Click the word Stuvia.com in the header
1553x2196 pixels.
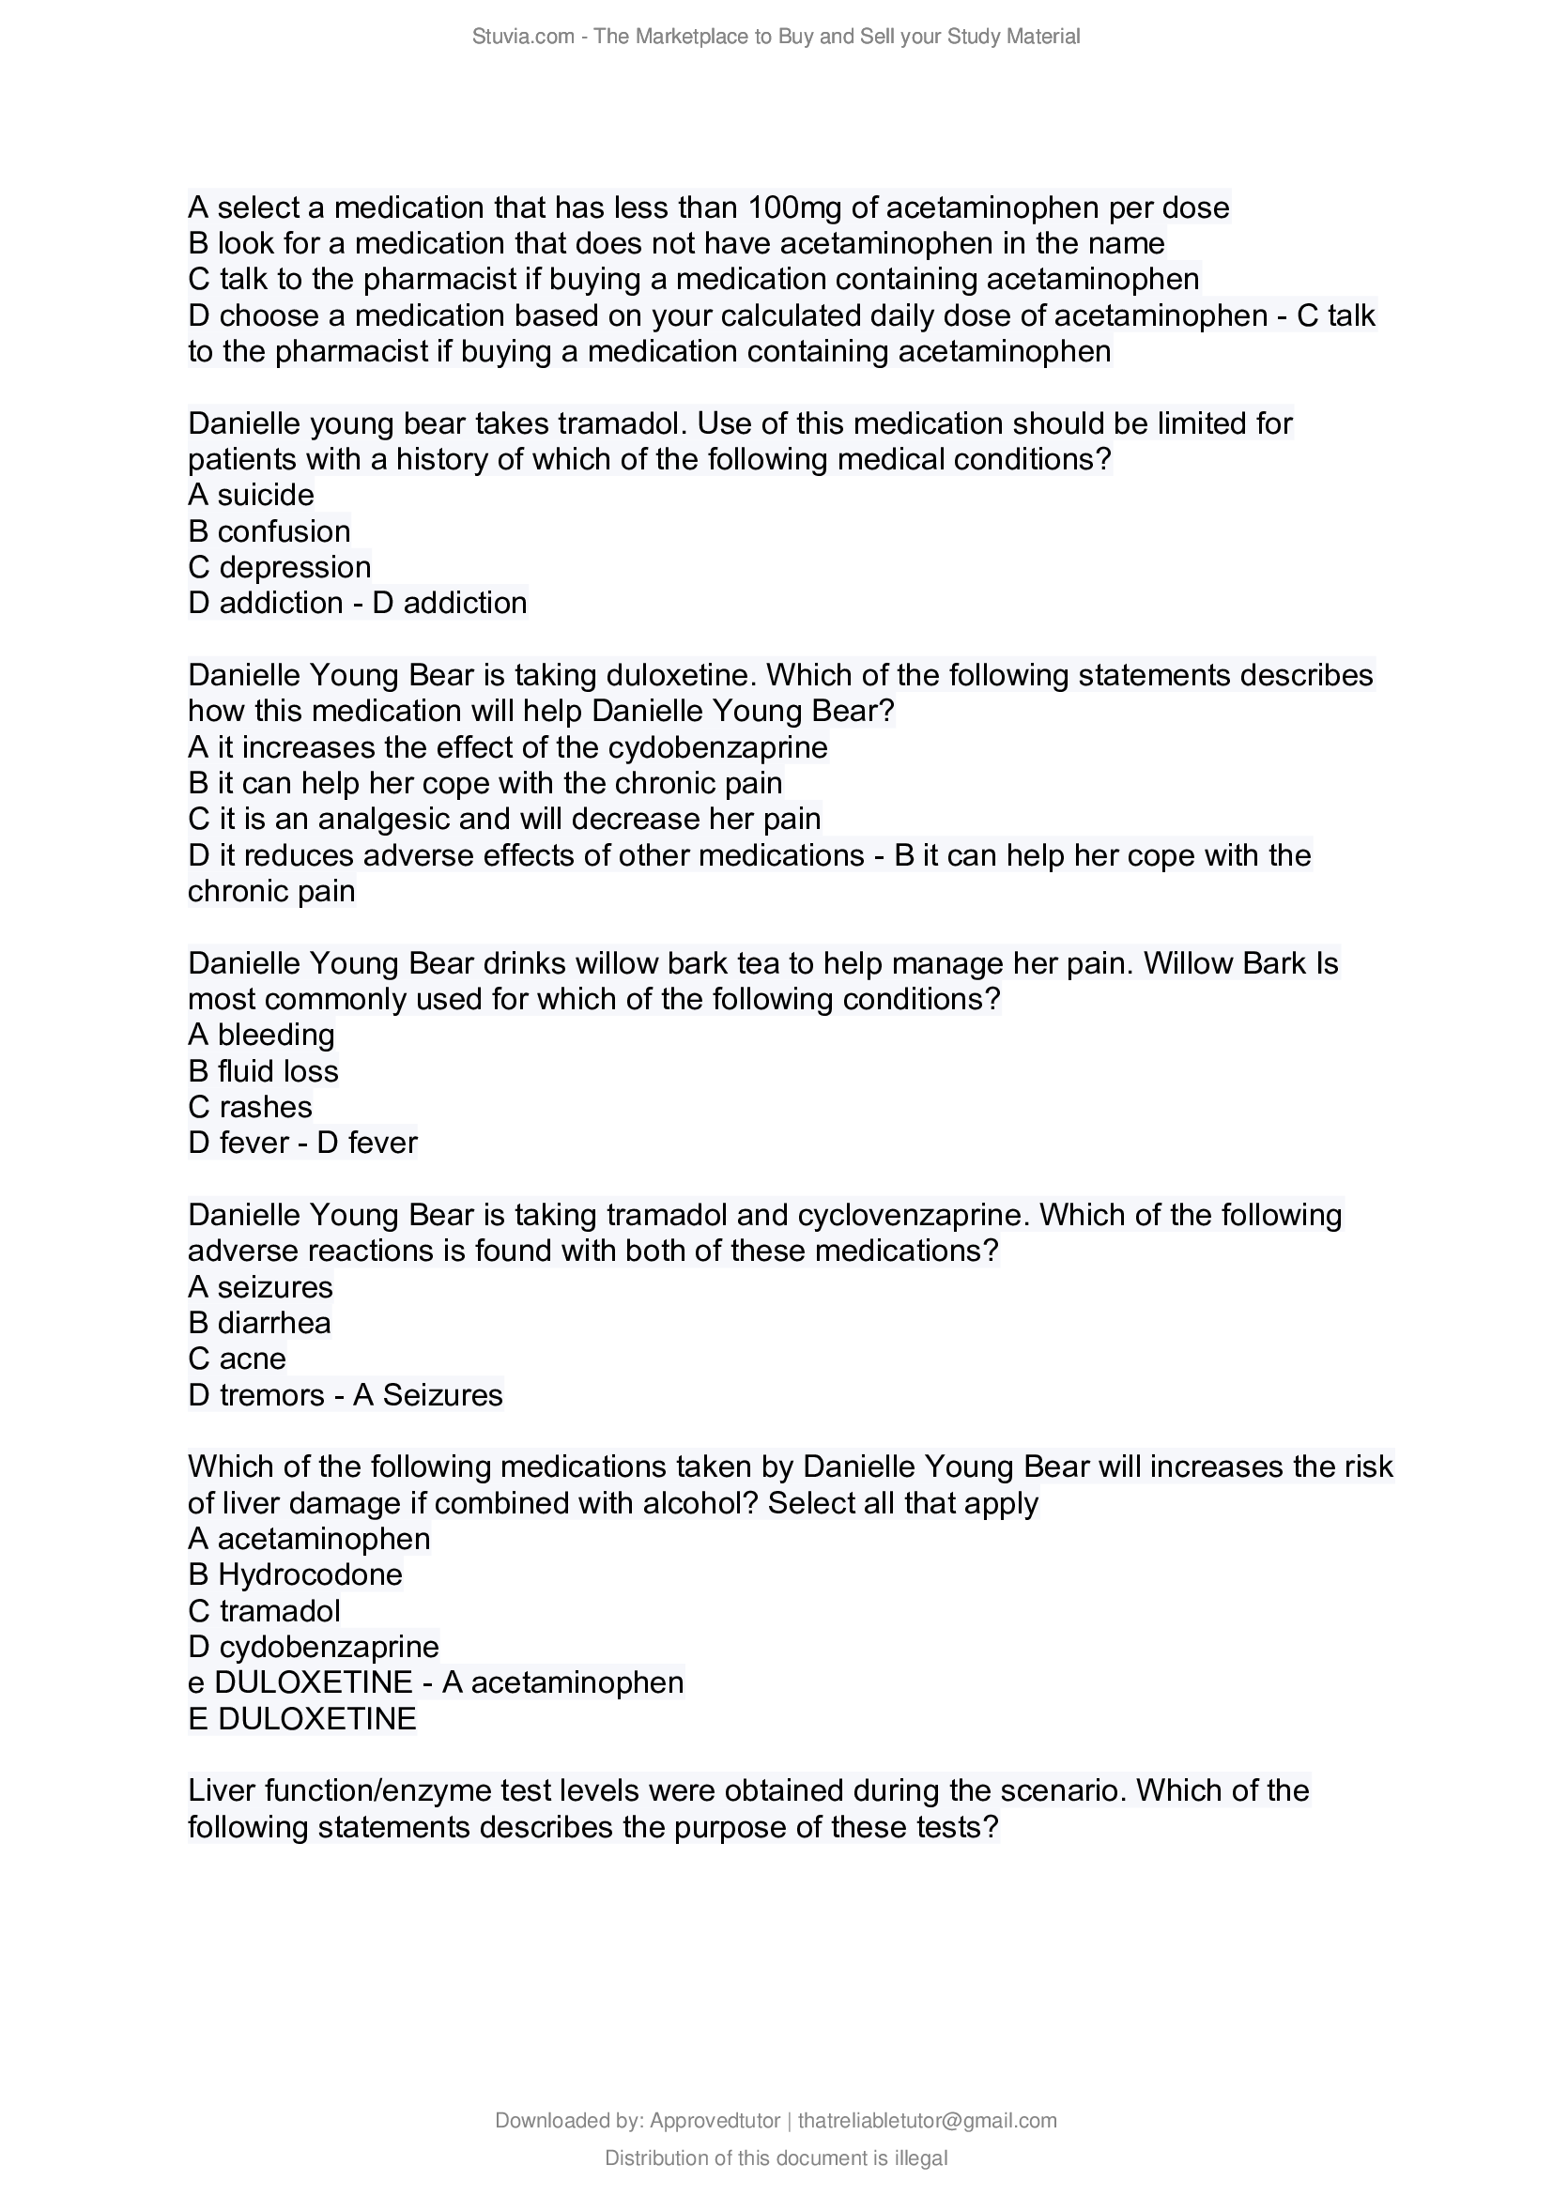pyautogui.click(x=523, y=37)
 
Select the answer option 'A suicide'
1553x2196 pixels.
pyautogui.click(x=252, y=496)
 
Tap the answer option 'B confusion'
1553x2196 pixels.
pyautogui.click(x=269, y=531)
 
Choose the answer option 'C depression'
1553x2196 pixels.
pyautogui.click(x=280, y=567)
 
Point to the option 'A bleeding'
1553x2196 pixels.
pyautogui.click(x=262, y=1035)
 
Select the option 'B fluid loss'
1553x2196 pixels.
pyautogui.click(x=264, y=1071)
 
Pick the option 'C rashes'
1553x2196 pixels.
pyautogui.click(x=251, y=1108)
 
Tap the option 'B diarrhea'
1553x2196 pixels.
pyautogui.click(x=260, y=1324)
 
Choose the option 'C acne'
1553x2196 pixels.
pyautogui.click(x=238, y=1359)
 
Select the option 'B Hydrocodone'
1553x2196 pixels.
pyautogui.click(x=296, y=1575)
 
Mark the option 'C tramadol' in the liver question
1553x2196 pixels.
pyautogui.click(x=265, y=1612)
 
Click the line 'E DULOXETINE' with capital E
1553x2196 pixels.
pyautogui.click(x=302, y=1720)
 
